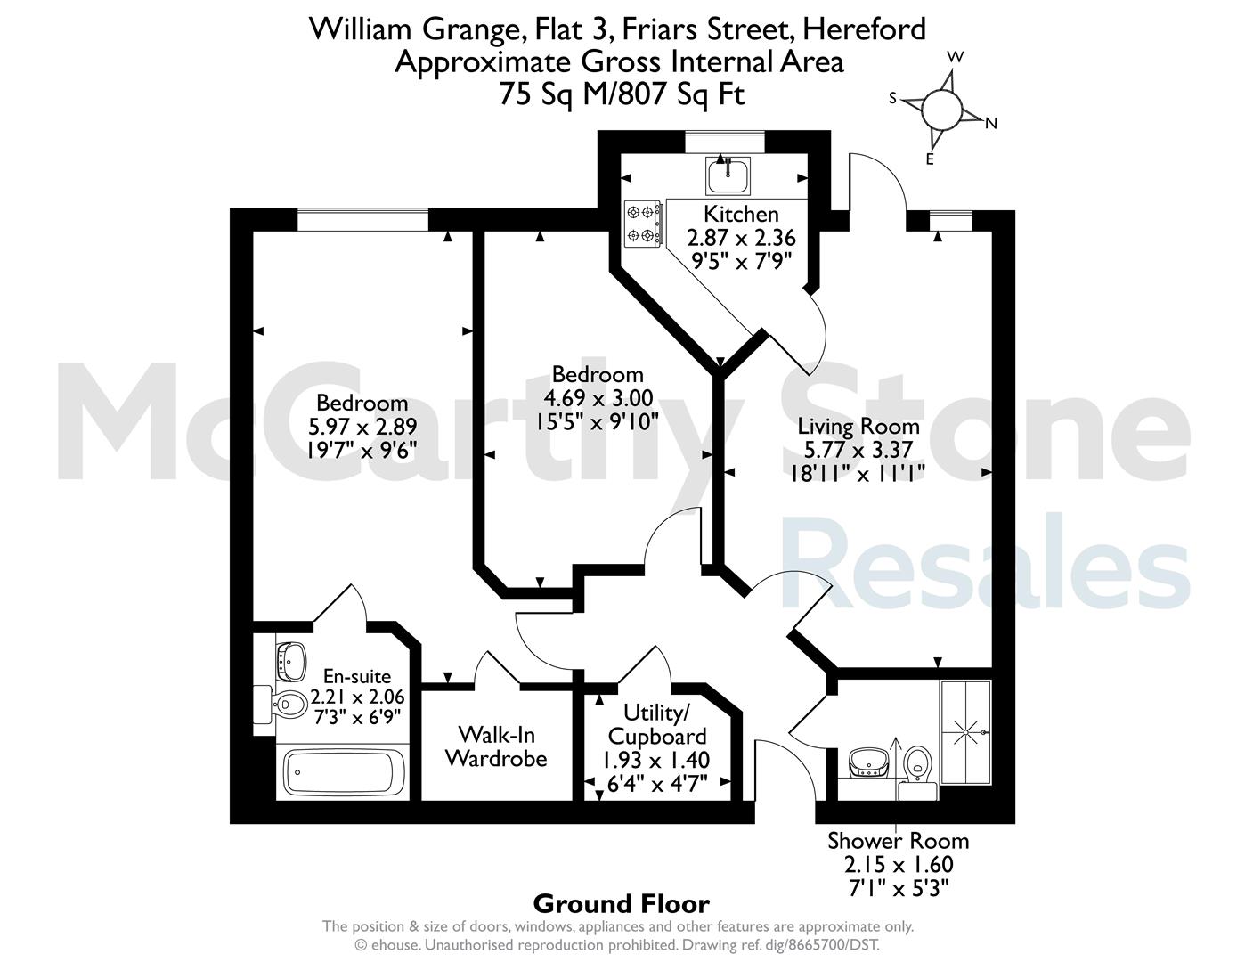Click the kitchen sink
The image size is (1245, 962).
(x=728, y=176)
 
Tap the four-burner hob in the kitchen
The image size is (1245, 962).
(x=643, y=224)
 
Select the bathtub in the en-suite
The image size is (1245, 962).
(x=342, y=771)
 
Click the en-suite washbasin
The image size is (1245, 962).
(x=291, y=661)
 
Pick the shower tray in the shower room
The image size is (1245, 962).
(x=965, y=732)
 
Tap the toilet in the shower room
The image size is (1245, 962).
(x=918, y=772)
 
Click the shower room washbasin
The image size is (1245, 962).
(x=868, y=762)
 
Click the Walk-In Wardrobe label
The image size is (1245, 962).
(x=496, y=746)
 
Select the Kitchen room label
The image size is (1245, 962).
(x=741, y=215)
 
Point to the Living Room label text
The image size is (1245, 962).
(x=858, y=427)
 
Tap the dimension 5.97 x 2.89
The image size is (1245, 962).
(x=362, y=427)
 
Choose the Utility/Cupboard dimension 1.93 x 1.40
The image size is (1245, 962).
(x=656, y=760)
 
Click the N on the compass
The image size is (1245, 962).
(x=991, y=123)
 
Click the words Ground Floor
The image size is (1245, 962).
(x=622, y=904)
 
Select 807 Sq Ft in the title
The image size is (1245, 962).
(x=682, y=94)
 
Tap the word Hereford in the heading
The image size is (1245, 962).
(x=864, y=29)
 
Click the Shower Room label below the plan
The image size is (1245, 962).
(x=899, y=841)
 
